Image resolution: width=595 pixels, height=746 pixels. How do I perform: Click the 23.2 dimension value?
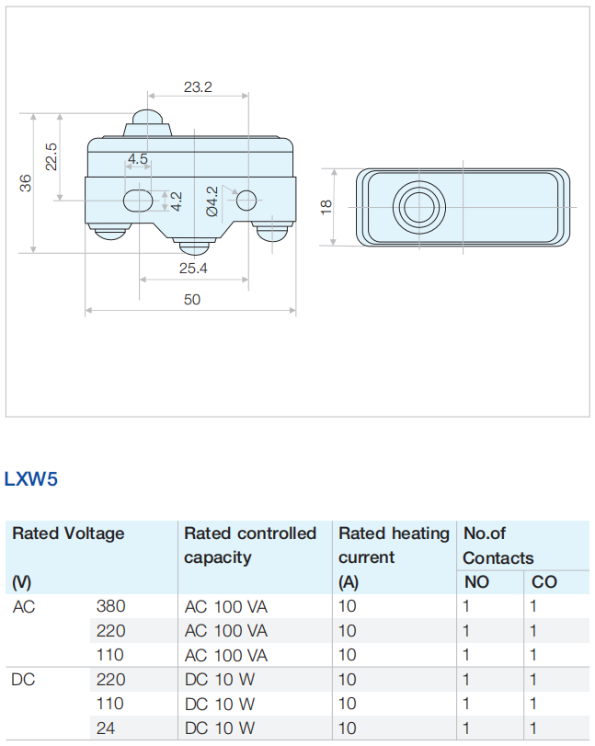tap(198, 87)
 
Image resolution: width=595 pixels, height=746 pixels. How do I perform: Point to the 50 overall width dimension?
tap(191, 299)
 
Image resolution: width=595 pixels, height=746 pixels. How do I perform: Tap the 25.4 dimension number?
tap(193, 269)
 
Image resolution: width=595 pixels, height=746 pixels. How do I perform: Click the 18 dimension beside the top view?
tap(326, 207)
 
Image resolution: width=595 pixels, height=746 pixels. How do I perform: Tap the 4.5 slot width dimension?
tap(138, 159)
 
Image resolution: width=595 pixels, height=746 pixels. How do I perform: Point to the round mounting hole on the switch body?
tap(246, 200)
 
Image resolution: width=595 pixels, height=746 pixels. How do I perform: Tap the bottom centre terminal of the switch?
tap(194, 246)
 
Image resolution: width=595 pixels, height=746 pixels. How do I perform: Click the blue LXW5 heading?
tap(31, 479)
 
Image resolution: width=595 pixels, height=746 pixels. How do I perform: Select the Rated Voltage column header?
tap(68, 534)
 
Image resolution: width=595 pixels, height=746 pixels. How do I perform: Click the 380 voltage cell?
tap(110, 606)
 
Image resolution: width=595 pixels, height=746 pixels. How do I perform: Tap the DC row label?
tap(24, 679)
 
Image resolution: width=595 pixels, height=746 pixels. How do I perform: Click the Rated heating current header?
tap(394, 545)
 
